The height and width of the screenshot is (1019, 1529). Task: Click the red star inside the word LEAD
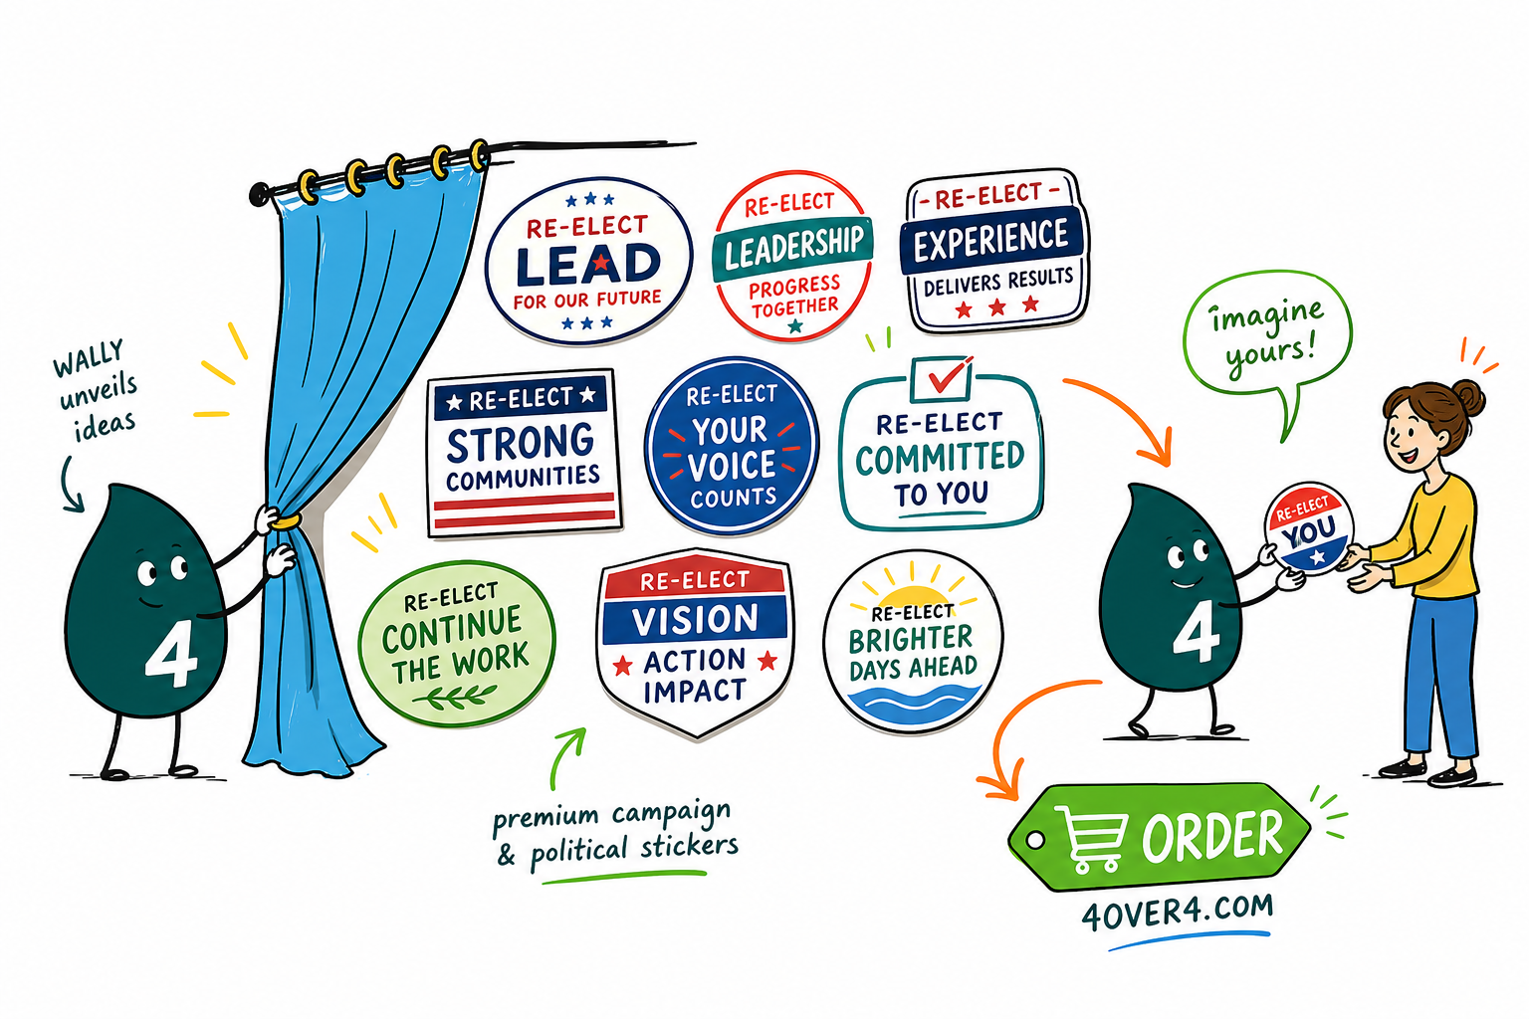click(x=600, y=262)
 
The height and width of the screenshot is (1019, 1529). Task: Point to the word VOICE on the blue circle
click(x=731, y=466)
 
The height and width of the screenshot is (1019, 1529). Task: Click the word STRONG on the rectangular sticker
click(x=521, y=442)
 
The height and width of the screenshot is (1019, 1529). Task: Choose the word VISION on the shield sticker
click(x=695, y=620)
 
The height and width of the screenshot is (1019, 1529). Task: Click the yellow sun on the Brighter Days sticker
click(x=912, y=595)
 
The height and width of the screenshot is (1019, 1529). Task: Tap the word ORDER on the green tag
click(x=1213, y=835)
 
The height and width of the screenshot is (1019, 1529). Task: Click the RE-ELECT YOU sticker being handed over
click(x=1308, y=528)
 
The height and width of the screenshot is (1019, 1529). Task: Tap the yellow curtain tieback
click(x=287, y=522)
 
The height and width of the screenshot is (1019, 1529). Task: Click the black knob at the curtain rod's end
click(x=260, y=194)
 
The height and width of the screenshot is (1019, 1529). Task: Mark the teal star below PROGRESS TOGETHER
click(x=795, y=326)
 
